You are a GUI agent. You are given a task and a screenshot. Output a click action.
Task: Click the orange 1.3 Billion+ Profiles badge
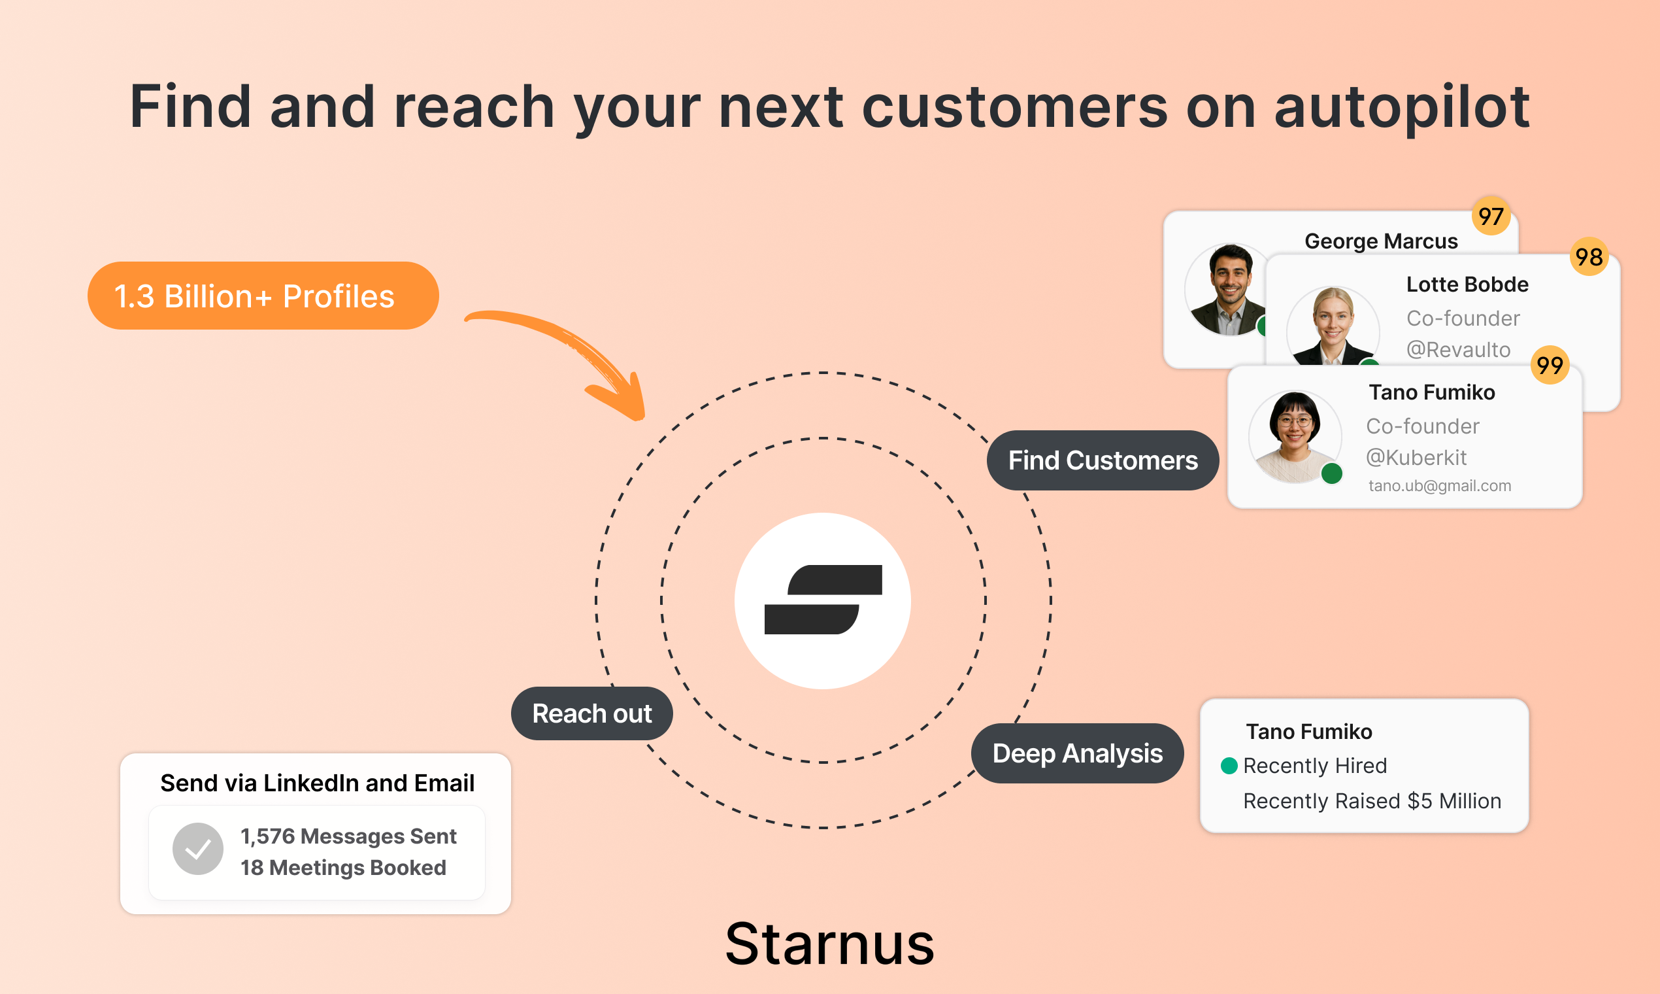point(262,296)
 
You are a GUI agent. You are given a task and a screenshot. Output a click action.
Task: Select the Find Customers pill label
point(1103,460)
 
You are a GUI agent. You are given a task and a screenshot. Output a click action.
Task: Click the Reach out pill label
point(591,713)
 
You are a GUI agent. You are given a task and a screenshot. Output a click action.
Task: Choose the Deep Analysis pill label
point(1077,753)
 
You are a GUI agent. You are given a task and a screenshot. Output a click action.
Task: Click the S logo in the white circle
point(823,600)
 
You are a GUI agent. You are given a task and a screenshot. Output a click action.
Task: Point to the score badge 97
point(1491,216)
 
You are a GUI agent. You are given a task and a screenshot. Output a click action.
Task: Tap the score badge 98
point(1588,256)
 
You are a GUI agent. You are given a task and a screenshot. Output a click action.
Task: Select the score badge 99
point(1550,365)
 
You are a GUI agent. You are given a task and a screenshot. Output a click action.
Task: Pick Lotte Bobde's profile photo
point(1332,328)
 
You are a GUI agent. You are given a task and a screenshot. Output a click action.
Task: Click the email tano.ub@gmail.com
point(1439,486)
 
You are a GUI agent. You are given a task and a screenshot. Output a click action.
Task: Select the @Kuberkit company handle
point(1416,458)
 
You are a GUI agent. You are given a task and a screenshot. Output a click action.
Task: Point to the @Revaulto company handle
point(1458,350)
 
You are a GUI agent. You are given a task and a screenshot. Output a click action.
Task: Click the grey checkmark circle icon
point(197,849)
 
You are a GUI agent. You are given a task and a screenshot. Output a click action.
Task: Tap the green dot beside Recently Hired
point(1229,766)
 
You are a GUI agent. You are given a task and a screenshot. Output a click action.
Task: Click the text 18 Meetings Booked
point(342,867)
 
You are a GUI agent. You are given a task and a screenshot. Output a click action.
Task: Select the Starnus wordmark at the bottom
point(829,944)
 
